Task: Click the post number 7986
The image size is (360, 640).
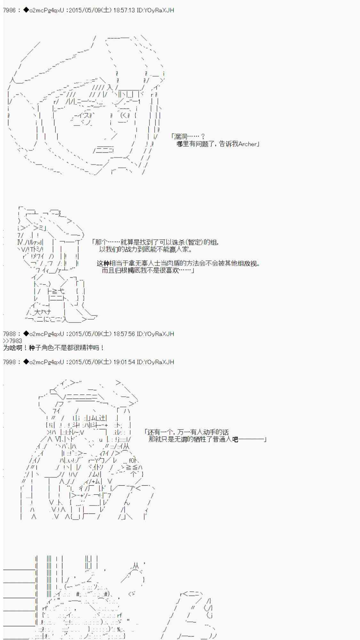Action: (x=9, y=10)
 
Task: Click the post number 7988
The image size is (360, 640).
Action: (x=9, y=334)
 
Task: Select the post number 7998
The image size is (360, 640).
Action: (x=9, y=362)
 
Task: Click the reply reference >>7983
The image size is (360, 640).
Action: (x=12, y=341)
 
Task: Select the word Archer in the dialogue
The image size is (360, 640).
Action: (x=247, y=144)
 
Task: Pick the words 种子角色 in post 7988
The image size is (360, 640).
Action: (x=43, y=348)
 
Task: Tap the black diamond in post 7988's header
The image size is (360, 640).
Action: (x=26, y=334)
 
